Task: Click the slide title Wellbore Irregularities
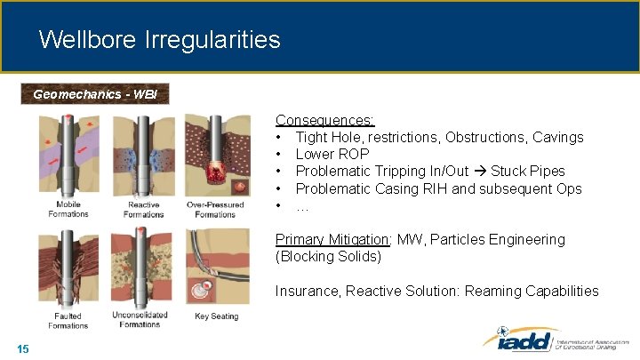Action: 160,40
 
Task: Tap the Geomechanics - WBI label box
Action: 94,93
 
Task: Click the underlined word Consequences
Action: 324,120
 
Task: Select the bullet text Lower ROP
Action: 332,154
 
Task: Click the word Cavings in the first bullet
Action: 556,137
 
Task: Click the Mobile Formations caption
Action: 68,210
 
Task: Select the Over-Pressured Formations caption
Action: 215,210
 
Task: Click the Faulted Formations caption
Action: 68,320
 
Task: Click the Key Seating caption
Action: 216,316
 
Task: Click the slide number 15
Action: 23,348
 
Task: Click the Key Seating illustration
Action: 217,267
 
